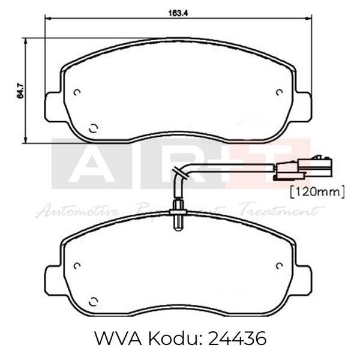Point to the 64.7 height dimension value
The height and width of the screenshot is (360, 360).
[x=20, y=91]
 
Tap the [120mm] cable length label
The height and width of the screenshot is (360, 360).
[x=317, y=191]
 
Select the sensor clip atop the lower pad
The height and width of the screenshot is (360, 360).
[x=178, y=212]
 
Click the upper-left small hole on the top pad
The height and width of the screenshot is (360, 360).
[x=77, y=92]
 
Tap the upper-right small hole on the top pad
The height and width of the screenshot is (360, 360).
[x=279, y=92]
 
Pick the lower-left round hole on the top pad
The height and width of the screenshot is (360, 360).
[x=93, y=128]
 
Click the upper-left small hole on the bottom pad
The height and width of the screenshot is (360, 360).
[x=77, y=265]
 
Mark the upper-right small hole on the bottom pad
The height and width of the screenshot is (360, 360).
[x=279, y=265]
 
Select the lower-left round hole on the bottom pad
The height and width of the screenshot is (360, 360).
[x=93, y=301]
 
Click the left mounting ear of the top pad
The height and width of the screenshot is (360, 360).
[x=53, y=106]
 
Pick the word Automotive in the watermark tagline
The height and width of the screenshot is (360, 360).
[x=78, y=211]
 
